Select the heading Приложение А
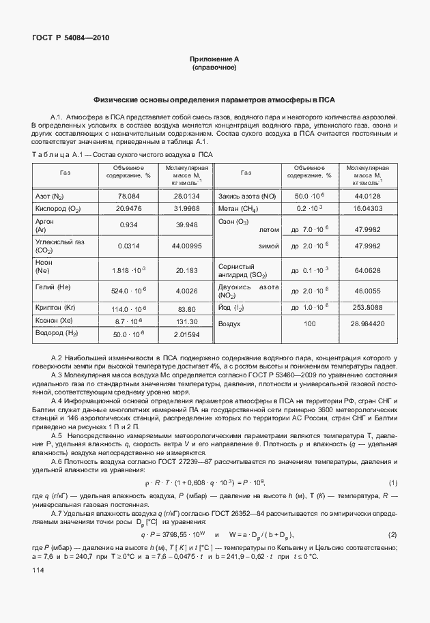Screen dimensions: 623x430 214,60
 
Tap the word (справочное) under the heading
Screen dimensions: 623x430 214,68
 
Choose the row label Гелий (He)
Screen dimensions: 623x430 49,290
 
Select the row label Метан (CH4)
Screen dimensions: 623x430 238,209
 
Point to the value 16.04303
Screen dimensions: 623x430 367,209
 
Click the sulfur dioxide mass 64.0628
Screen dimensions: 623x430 367,270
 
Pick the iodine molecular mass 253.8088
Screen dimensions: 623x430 367,308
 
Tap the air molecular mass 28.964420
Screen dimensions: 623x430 367,323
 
